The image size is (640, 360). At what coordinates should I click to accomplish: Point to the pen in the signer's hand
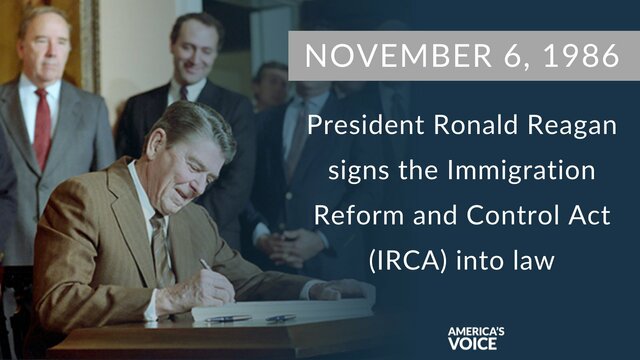[x=206, y=265]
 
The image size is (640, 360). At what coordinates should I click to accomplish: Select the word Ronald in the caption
[x=465, y=127]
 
